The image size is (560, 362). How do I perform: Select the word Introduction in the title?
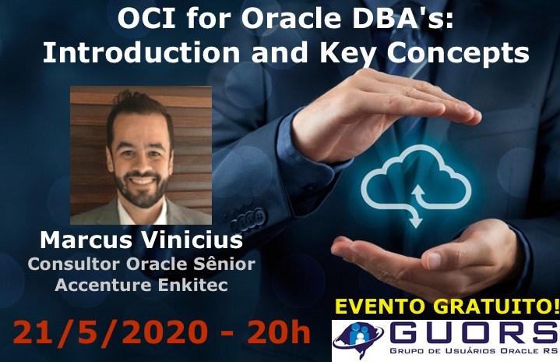[x=141, y=52]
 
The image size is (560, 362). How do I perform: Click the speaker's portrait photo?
[x=141, y=155]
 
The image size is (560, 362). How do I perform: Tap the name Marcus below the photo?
[x=86, y=240]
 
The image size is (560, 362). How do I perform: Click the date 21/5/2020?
[x=110, y=332]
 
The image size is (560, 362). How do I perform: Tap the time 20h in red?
[x=278, y=332]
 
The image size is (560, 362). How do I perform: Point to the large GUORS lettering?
[x=474, y=332]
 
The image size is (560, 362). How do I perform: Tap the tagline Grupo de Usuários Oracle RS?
[x=474, y=351]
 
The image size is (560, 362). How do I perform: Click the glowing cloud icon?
[x=416, y=186]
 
